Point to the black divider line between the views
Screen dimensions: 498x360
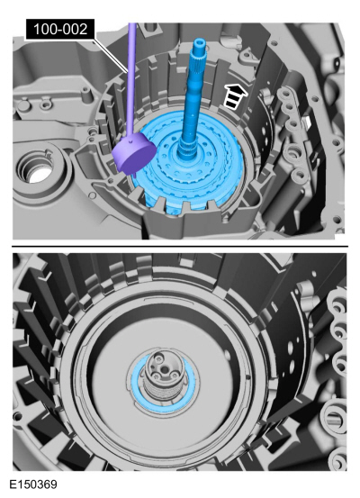click(180, 243)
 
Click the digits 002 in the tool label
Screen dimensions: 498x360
click(77, 29)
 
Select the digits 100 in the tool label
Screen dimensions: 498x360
click(44, 29)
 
